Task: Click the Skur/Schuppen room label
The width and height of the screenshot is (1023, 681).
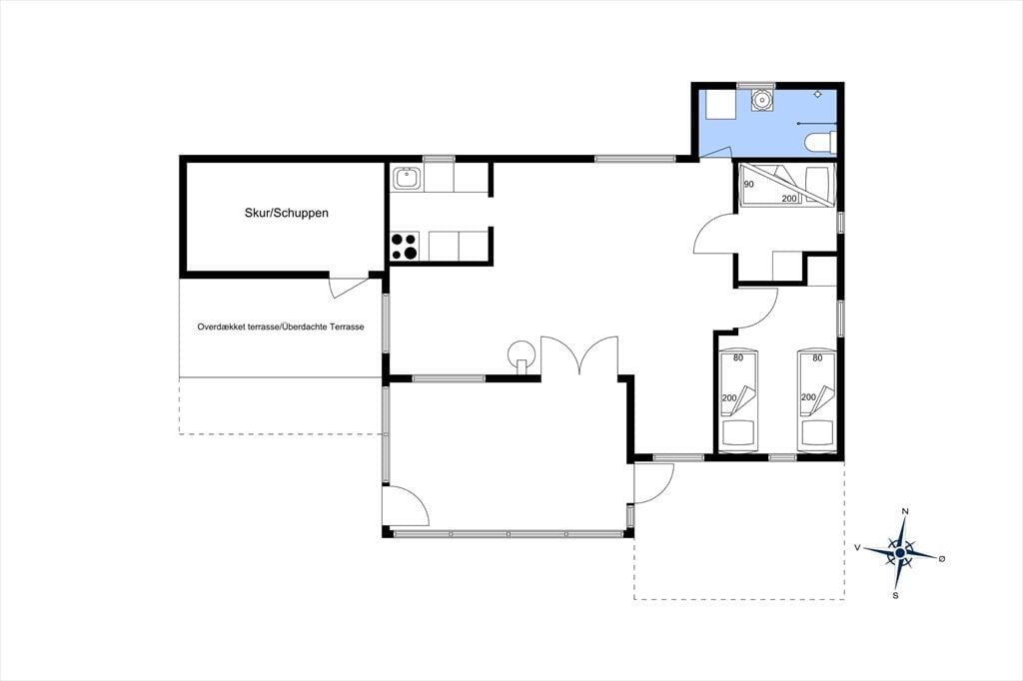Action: coord(287,213)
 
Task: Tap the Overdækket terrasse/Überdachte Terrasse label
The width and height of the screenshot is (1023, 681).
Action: coord(281,327)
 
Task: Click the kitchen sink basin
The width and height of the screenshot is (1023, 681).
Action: coord(407,178)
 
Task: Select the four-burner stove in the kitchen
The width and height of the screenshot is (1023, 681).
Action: coord(405,246)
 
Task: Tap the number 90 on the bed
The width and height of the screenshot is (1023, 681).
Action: coord(748,184)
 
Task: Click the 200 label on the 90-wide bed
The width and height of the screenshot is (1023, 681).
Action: coord(789,199)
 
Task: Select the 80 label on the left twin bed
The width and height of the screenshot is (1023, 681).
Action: coord(738,357)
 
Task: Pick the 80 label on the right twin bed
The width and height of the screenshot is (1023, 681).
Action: coord(817,357)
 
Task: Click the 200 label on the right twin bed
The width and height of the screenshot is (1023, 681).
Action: coord(808,397)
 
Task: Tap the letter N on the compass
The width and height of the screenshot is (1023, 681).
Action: coord(905,511)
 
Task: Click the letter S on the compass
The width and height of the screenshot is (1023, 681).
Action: coord(896,595)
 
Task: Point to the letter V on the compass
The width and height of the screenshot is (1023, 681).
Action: coord(856,548)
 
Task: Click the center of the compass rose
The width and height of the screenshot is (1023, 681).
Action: coord(900,553)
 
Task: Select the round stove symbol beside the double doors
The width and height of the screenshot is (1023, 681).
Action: coord(521,354)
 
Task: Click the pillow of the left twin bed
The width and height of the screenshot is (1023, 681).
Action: coord(738,431)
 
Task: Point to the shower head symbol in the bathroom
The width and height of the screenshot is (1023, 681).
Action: coord(818,95)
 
